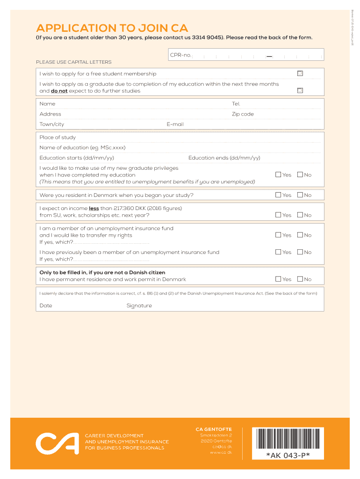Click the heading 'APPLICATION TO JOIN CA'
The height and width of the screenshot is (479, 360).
point(112,28)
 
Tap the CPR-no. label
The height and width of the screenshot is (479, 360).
point(180,55)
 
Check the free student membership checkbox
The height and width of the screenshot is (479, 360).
point(300,73)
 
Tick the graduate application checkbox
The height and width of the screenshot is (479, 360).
point(300,90)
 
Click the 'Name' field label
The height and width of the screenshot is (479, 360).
point(47,104)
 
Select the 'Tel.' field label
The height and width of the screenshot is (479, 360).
point(236,104)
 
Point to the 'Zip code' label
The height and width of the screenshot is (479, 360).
point(243,114)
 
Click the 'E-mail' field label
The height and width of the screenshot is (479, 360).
point(175,124)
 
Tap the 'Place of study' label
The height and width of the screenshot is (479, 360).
point(58,138)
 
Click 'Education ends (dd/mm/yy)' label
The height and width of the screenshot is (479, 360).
point(224,158)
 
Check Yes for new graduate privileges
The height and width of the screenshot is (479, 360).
point(278,174)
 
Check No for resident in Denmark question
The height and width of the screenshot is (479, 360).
point(300,195)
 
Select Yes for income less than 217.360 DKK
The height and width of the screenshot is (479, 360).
point(278,215)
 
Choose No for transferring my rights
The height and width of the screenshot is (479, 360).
point(300,235)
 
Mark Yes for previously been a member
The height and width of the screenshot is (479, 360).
point(278,252)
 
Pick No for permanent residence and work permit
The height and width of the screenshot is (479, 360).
point(300,279)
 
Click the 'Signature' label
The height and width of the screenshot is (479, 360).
point(139,306)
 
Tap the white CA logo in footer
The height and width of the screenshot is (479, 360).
point(57,442)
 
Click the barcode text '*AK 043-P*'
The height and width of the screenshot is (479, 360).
point(288,455)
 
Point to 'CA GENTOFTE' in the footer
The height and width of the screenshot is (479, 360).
point(214,429)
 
